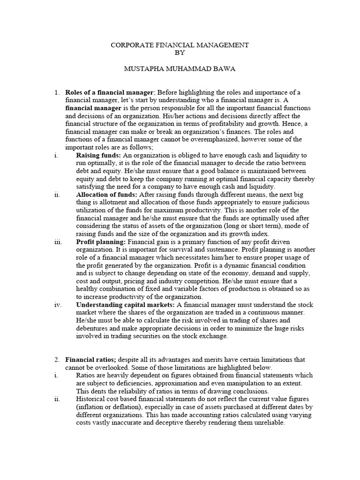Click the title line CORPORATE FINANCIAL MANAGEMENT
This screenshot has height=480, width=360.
tap(180, 45)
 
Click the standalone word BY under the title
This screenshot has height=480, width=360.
tap(180, 52)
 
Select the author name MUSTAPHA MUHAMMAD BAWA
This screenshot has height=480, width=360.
tap(180, 69)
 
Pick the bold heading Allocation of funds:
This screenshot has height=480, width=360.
tap(105, 195)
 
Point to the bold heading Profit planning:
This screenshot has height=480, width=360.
tap(101, 242)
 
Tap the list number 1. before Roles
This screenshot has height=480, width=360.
tap(57, 92)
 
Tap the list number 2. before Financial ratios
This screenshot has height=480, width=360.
tap(57, 360)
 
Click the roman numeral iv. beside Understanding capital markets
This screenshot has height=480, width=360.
tap(58, 305)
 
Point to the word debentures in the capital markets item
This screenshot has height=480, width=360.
tap(94, 328)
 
